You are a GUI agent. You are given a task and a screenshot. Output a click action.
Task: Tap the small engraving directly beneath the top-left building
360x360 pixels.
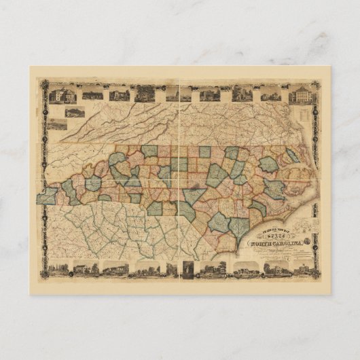tap(74, 111)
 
